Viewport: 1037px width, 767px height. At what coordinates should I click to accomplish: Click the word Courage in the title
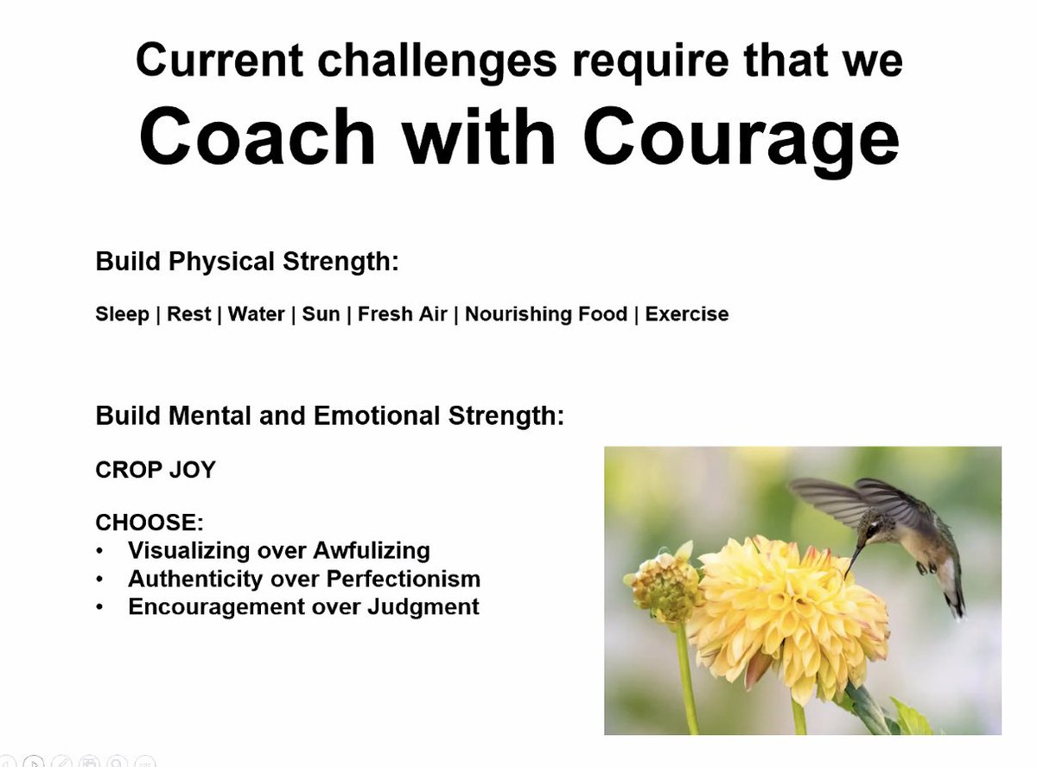point(741,138)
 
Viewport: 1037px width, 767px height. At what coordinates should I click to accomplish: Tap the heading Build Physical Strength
point(247,262)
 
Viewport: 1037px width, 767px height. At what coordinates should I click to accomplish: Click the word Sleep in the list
point(122,314)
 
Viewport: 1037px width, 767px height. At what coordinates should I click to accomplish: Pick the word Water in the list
point(256,314)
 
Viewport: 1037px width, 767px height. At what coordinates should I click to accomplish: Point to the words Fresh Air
point(402,314)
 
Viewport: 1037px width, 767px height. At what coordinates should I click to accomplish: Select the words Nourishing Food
point(546,314)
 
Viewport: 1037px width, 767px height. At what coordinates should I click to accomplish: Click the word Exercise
point(687,314)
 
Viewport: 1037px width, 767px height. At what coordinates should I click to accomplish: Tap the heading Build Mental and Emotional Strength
point(329,416)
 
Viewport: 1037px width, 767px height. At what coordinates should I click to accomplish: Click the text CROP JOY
point(156,471)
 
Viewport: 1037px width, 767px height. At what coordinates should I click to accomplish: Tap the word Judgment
point(423,606)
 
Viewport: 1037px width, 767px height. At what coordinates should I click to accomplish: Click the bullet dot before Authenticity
point(101,579)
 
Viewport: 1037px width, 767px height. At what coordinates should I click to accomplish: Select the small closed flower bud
point(663,585)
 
